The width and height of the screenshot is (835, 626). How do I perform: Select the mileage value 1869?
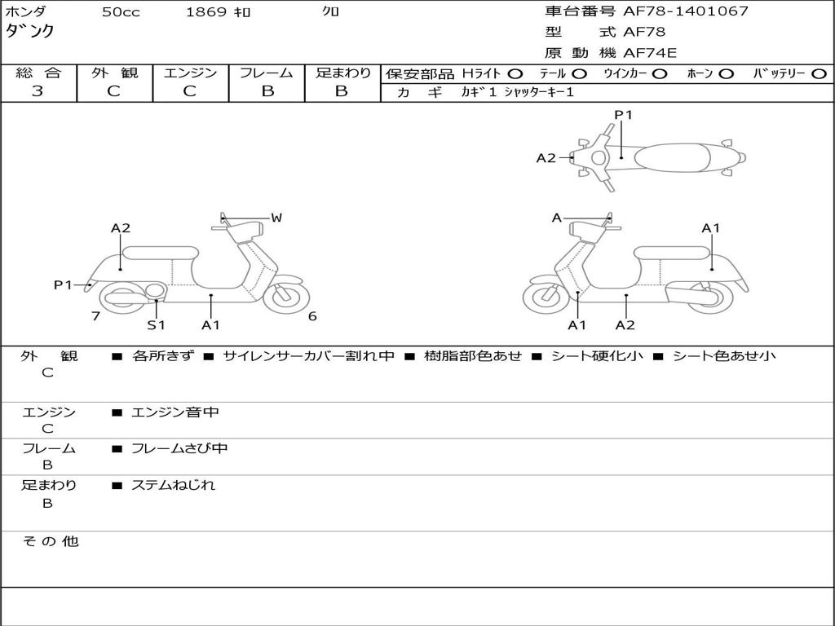pos(206,12)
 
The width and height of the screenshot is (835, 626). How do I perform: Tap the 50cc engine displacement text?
pos(121,12)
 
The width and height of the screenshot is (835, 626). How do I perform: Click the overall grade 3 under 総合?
pos(38,91)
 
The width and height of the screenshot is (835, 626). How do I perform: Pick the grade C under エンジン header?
pos(190,91)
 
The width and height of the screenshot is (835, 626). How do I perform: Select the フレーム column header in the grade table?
pos(267,73)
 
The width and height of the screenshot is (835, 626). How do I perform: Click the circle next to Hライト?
pos(515,74)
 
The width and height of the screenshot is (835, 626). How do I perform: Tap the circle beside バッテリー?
pos(820,74)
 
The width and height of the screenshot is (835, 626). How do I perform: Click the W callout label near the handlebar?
pos(276,218)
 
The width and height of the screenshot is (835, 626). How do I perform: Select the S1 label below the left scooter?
pos(156,325)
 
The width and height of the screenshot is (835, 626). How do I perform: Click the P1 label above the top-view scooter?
pos(623,115)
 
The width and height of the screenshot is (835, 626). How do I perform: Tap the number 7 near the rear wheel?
pos(96,316)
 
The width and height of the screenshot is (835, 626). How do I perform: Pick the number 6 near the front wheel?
pos(312,316)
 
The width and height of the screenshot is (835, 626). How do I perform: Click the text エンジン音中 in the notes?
pos(175,412)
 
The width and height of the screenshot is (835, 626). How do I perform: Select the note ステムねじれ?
pos(174,485)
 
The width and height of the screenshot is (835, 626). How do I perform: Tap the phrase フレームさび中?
pos(179,448)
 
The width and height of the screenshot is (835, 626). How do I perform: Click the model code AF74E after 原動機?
pos(650,54)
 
